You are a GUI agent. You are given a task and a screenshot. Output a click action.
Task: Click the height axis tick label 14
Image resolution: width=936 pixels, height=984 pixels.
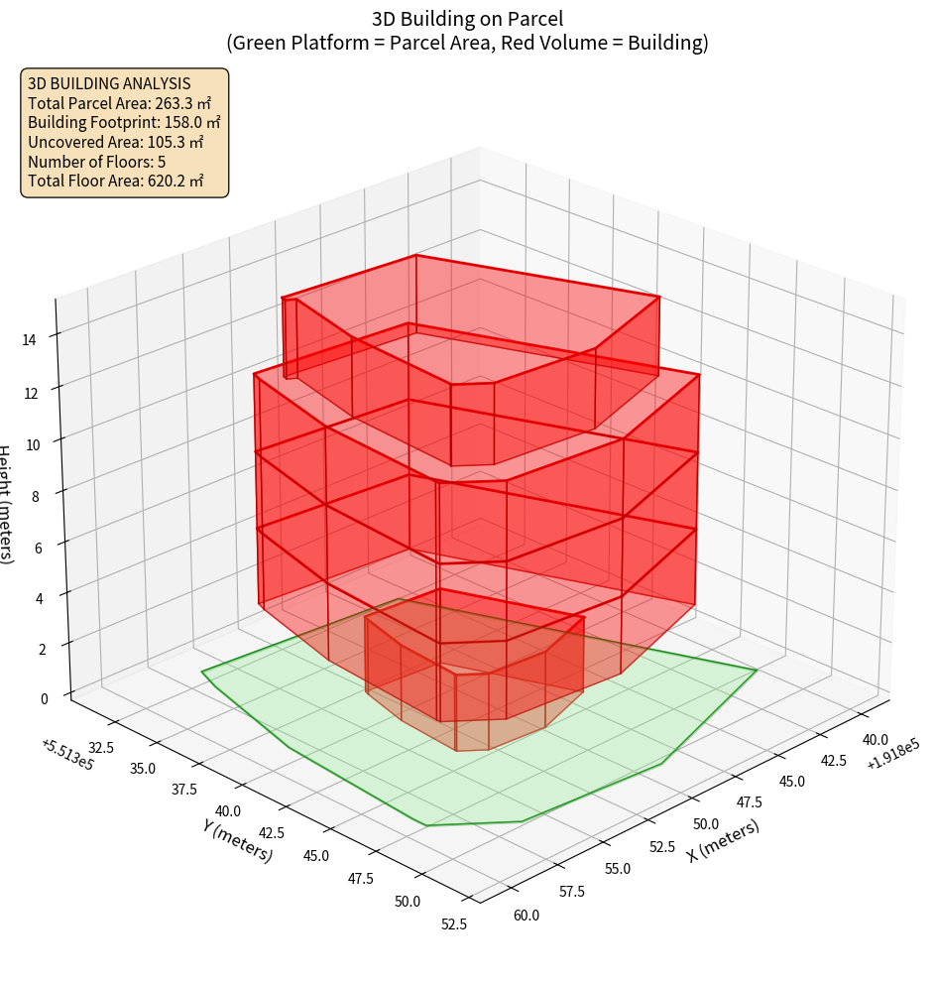(31, 339)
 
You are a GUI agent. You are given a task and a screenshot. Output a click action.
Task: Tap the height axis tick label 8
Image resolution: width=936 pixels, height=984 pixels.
(36, 495)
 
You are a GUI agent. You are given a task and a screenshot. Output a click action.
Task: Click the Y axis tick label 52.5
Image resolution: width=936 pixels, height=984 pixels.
(453, 923)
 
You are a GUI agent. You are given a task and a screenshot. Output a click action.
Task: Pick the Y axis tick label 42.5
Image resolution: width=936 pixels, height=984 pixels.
(269, 832)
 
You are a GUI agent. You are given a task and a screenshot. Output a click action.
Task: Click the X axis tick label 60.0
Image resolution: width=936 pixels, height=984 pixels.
(526, 915)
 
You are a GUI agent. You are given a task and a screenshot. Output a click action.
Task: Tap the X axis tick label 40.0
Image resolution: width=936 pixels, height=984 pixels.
(875, 739)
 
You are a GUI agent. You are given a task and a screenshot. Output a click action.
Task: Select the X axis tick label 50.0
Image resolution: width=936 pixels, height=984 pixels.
(706, 823)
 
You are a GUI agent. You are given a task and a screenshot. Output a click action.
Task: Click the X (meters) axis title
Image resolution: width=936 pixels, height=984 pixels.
(724, 840)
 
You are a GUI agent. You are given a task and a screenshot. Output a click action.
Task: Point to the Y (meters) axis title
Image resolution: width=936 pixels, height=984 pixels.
(238, 839)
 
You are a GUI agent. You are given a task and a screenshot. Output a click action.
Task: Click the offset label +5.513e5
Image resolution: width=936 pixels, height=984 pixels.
(67, 753)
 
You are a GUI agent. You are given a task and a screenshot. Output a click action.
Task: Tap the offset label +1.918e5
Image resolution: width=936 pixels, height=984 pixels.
(893, 753)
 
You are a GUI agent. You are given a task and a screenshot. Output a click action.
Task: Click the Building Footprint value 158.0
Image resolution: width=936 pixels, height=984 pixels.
(192, 122)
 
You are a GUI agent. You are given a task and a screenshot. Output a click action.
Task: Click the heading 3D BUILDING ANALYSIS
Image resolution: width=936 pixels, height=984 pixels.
(109, 84)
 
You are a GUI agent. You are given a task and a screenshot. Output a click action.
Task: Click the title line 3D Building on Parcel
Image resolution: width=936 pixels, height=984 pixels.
(467, 18)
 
